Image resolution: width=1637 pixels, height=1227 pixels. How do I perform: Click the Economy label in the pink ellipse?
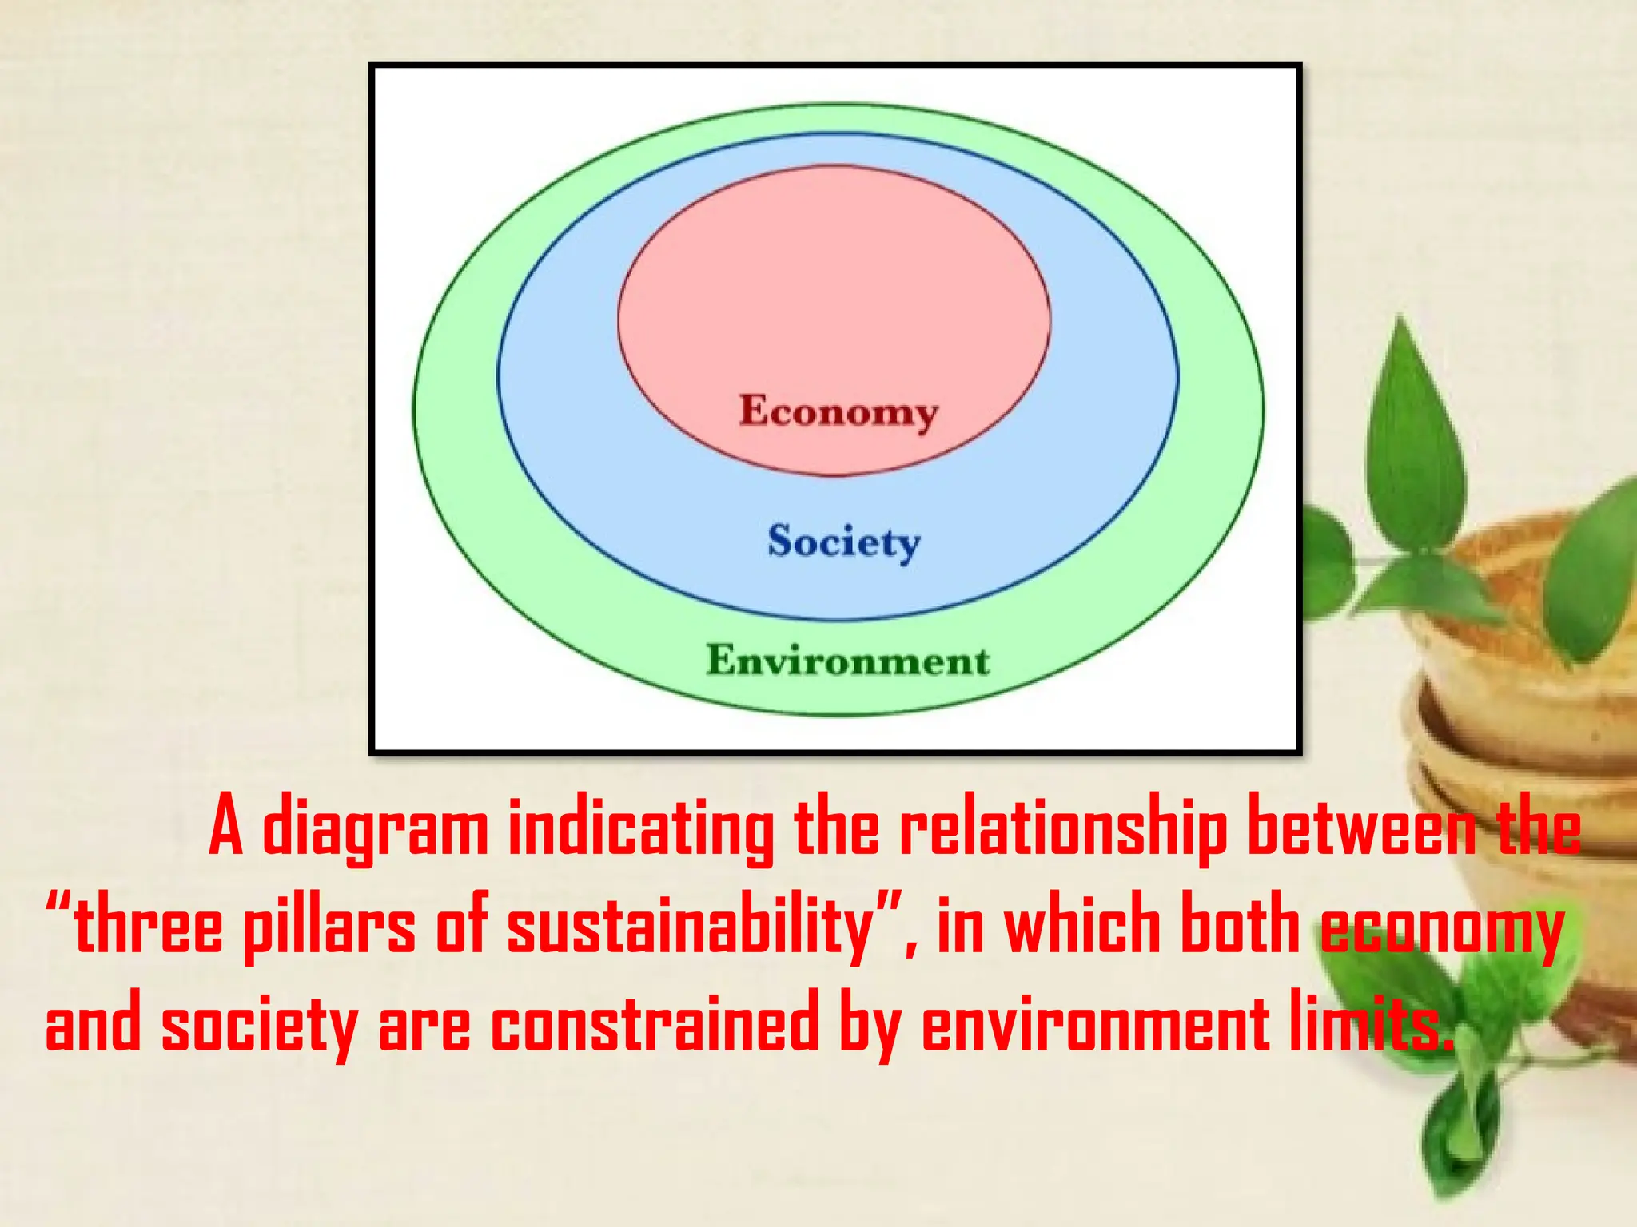tap(838, 412)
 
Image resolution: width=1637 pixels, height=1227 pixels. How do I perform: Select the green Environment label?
tap(848, 661)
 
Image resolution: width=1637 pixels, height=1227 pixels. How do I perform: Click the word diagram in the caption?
tap(375, 829)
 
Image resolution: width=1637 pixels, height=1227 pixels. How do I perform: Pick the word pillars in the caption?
tap(329, 927)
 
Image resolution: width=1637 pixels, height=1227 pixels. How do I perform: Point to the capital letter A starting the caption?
tap(225, 829)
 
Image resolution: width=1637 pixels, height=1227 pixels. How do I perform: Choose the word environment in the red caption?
tap(1096, 1024)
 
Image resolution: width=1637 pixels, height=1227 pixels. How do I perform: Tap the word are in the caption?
tap(424, 1024)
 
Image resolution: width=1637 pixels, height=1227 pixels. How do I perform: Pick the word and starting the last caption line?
tap(93, 1024)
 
